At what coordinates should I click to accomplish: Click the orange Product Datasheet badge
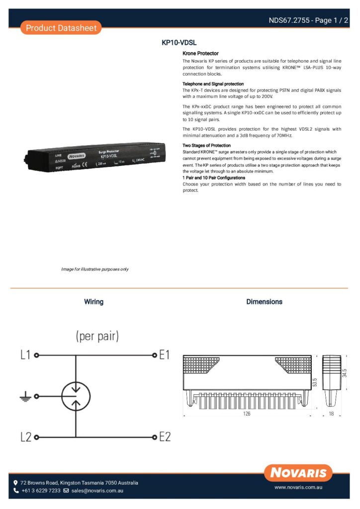(x=61, y=28)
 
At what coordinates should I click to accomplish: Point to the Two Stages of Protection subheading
(x=206, y=146)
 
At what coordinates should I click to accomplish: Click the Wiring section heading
(x=93, y=302)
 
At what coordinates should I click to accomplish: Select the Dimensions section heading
(x=264, y=302)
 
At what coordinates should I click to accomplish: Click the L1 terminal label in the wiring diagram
(x=25, y=355)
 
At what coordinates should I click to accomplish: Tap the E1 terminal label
(x=165, y=355)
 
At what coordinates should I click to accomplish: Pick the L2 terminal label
(x=26, y=437)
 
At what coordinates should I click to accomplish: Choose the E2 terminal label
(x=165, y=437)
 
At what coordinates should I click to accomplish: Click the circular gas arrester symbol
(x=76, y=396)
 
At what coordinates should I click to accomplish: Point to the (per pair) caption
(x=97, y=337)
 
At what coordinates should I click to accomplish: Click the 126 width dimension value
(x=247, y=414)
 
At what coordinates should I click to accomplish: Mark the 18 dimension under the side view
(x=331, y=414)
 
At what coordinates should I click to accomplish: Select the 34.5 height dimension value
(x=345, y=372)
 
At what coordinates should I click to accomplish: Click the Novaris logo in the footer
(x=298, y=473)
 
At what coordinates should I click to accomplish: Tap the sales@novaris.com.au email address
(x=97, y=491)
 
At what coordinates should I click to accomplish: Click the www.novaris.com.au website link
(x=298, y=488)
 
